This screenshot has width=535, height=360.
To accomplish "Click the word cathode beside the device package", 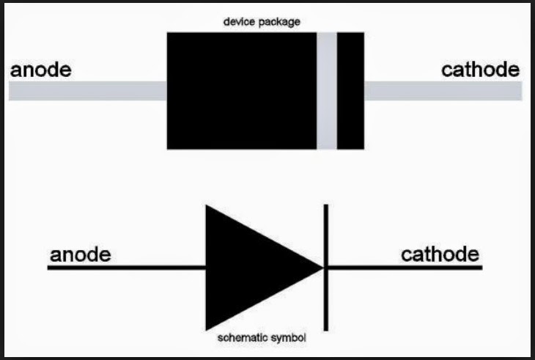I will click(x=480, y=70).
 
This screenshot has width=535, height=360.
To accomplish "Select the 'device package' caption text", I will click(x=262, y=22).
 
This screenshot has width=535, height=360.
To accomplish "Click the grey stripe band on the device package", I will click(x=327, y=90).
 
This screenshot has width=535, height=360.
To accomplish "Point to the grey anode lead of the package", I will click(x=88, y=91).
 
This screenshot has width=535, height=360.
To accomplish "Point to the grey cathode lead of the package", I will click(x=443, y=91).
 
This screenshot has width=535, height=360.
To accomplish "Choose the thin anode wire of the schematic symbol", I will click(x=125, y=268).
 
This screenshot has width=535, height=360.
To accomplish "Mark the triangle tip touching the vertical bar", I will click(x=321, y=268).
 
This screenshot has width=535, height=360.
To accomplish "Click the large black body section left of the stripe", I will click(x=242, y=90).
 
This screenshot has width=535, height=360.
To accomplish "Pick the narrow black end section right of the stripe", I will click(x=350, y=90).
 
